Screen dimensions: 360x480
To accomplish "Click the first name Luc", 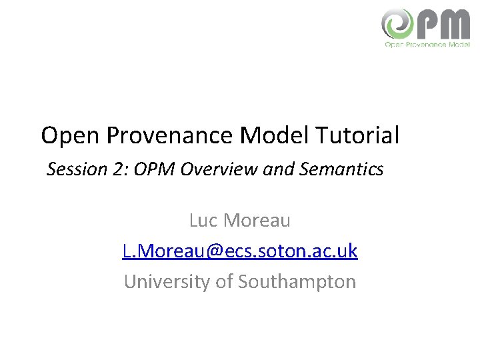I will (x=204, y=219).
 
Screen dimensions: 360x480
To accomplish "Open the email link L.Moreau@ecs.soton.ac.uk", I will (x=240, y=251).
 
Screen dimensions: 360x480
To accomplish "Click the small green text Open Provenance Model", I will (x=427, y=45).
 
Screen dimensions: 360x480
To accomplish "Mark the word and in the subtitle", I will (x=277, y=169).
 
